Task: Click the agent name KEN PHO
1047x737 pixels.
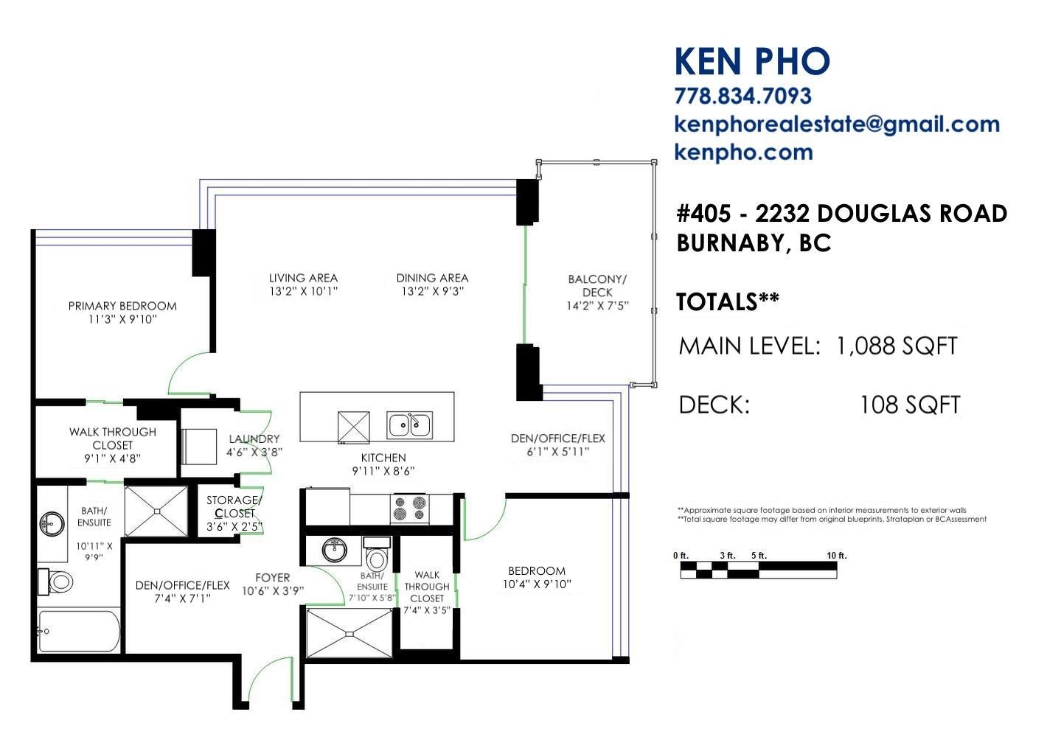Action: [752, 61]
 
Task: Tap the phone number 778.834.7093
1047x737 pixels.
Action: [742, 96]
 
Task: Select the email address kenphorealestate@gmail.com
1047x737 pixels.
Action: [837, 125]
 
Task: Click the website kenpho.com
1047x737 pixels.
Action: [744, 153]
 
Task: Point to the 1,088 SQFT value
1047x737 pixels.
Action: [897, 346]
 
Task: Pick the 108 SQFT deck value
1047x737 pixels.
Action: [910, 405]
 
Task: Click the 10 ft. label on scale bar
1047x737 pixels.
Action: [837, 556]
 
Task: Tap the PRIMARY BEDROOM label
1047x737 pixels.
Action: [122, 306]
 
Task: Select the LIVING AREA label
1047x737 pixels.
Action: [303, 278]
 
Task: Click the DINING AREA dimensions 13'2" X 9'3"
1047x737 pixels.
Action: [432, 291]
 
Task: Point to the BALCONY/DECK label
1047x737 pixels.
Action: [597, 285]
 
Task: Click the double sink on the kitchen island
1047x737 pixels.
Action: [409, 425]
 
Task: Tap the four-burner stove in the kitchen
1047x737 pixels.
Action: [409, 508]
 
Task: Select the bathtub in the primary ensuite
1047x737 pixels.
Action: [79, 631]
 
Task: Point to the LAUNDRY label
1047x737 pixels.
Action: [254, 439]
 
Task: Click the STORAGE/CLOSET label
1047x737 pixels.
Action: [234, 506]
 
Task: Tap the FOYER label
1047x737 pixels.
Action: [273, 578]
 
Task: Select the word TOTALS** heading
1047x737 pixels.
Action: [728, 302]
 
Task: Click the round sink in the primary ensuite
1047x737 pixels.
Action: [52, 523]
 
